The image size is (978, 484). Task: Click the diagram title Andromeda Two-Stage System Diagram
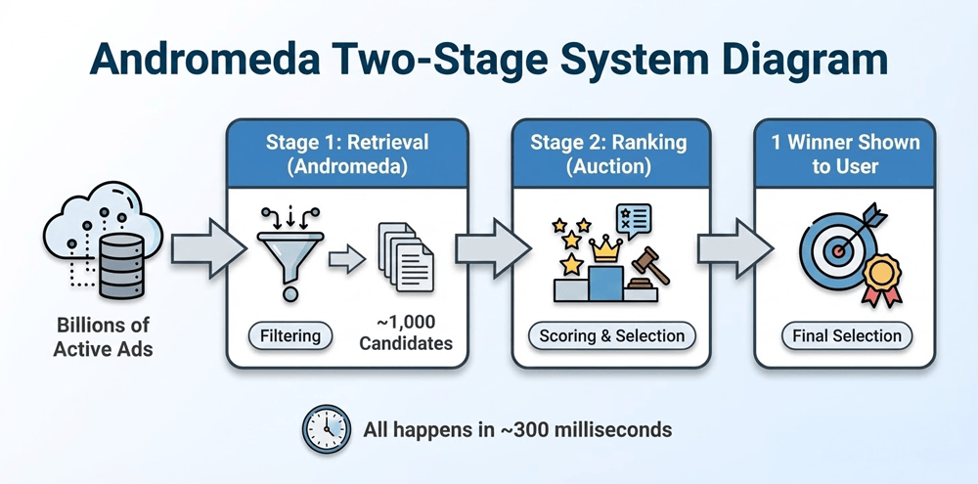pos(489,57)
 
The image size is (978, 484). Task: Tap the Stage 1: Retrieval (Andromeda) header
pos(347,154)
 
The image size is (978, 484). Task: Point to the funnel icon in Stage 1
pos(289,251)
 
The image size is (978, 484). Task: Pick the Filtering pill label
pos(289,335)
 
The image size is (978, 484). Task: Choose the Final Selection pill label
pos(846,335)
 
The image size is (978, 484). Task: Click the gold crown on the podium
pos(609,249)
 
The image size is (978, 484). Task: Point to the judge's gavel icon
pos(645,267)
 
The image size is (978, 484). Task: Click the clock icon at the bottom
pos(326,429)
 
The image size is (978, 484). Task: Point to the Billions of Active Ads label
pos(103,336)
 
